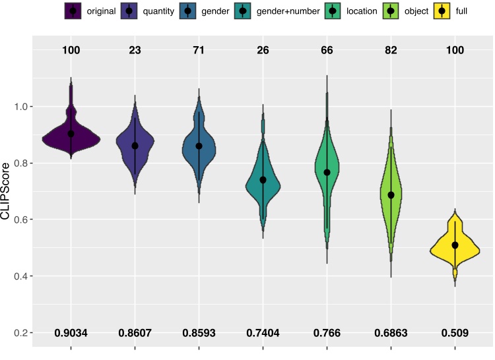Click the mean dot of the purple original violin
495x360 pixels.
click(x=71, y=134)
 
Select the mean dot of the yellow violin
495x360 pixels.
click(x=455, y=245)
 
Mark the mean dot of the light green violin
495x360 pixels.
click(x=391, y=195)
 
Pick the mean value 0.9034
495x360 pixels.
click(x=71, y=334)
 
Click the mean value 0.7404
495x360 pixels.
click(x=263, y=334)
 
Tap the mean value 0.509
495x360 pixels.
click(x=455, y=334)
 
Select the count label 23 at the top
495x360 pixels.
click(x=135, y=50)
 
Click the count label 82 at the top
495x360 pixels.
click(x=391, y=50)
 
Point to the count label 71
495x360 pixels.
click(x=199, y=50)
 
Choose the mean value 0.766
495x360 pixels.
click(x=327, y=334)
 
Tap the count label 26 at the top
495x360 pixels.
click(x=263, y=50)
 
